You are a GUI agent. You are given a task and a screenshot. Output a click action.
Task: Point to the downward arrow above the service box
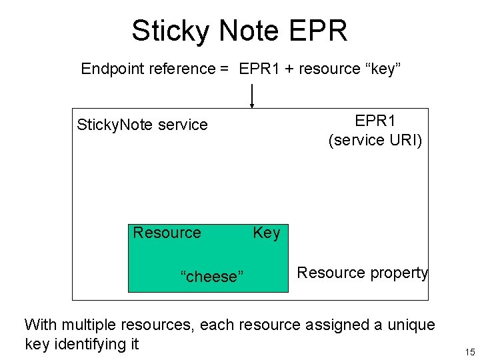(x=252, y=97)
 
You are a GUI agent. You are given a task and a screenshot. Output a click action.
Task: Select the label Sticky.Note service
(x=142, y=125)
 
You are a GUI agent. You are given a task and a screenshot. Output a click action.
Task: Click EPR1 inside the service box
(x=375, y=121)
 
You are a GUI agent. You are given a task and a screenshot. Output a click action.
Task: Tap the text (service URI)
(x=375, y=140)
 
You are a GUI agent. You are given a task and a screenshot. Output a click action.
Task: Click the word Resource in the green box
(x=167, y=233)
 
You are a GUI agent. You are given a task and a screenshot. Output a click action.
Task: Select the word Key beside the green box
(x=267, y=233)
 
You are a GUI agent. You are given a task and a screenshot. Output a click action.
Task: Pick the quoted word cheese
(x=212, y=277)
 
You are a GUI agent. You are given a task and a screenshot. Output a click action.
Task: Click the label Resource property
(x=362, y=273)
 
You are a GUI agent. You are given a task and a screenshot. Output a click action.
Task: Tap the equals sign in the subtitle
(x=225, y=69)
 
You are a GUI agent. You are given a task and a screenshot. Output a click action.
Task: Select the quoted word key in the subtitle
(x=381, y=69)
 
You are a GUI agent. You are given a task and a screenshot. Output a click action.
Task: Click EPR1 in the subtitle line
(x=259, y=69)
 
